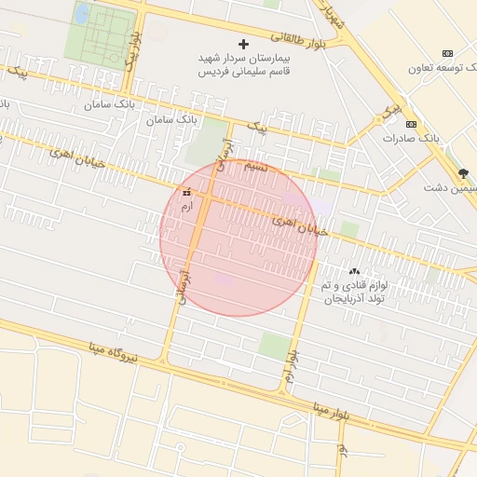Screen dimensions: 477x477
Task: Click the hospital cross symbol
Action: coord(244,44)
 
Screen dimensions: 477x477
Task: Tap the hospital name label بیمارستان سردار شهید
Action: coord(244,58)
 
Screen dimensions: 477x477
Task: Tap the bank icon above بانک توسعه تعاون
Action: coord(448,53)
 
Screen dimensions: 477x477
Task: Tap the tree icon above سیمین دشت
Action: coord(463,173)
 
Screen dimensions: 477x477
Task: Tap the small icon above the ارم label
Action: coord(187,192)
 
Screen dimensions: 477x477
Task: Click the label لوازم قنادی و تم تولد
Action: coord(350,282)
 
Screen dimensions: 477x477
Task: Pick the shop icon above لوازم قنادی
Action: coord(353,270)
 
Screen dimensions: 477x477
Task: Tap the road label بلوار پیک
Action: coord(133,54)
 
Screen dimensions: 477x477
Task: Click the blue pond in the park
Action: coord(82,13)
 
